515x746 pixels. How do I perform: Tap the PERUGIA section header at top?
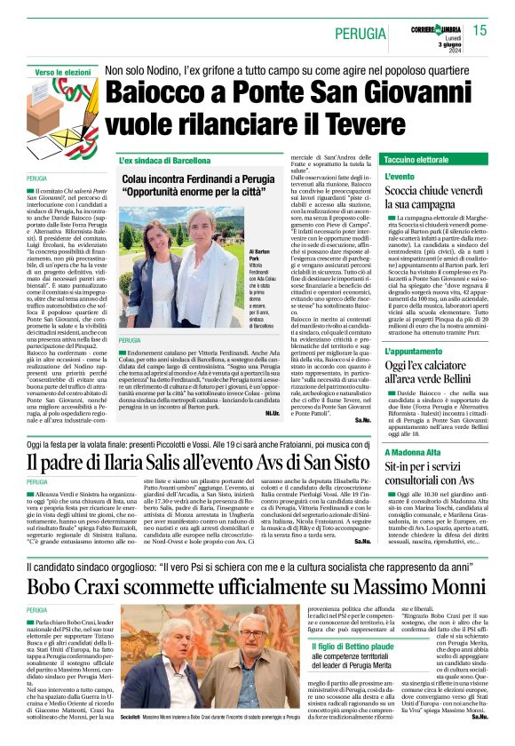(363, 33)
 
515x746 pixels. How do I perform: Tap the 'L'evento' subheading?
(400, 178)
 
